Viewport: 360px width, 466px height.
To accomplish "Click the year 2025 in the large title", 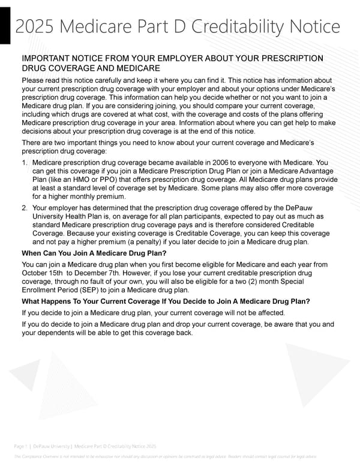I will coord(38,27).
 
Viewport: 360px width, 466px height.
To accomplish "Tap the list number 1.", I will coord(24,163).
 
